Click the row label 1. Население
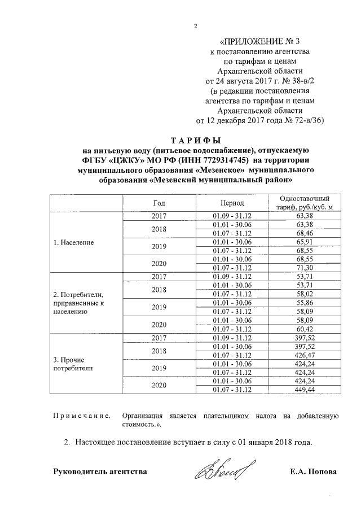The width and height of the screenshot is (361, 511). (x=73, y=242)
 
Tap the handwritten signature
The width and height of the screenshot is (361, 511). (x=224, y=470)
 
